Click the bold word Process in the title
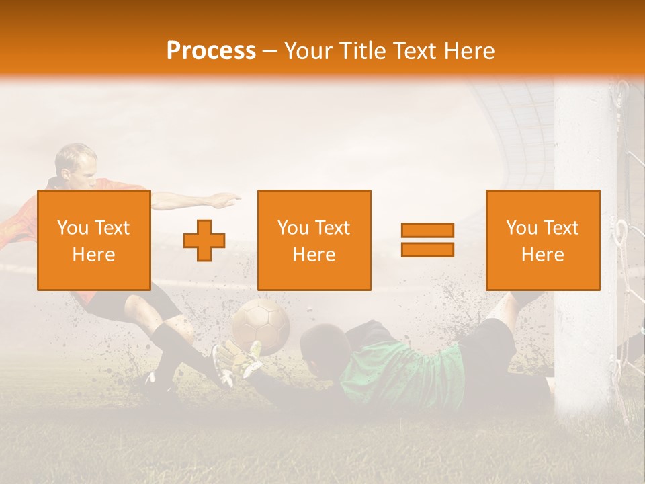click(x=211, y=51)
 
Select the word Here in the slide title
click(x=470, y=51)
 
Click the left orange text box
click(x=93, y=240)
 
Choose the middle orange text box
click(x=314, y=240)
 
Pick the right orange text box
click(x=542, y=240)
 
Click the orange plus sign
click(x=204, y=241)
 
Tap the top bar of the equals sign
click(x=427, y=230)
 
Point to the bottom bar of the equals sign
click(x=427, y=249)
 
